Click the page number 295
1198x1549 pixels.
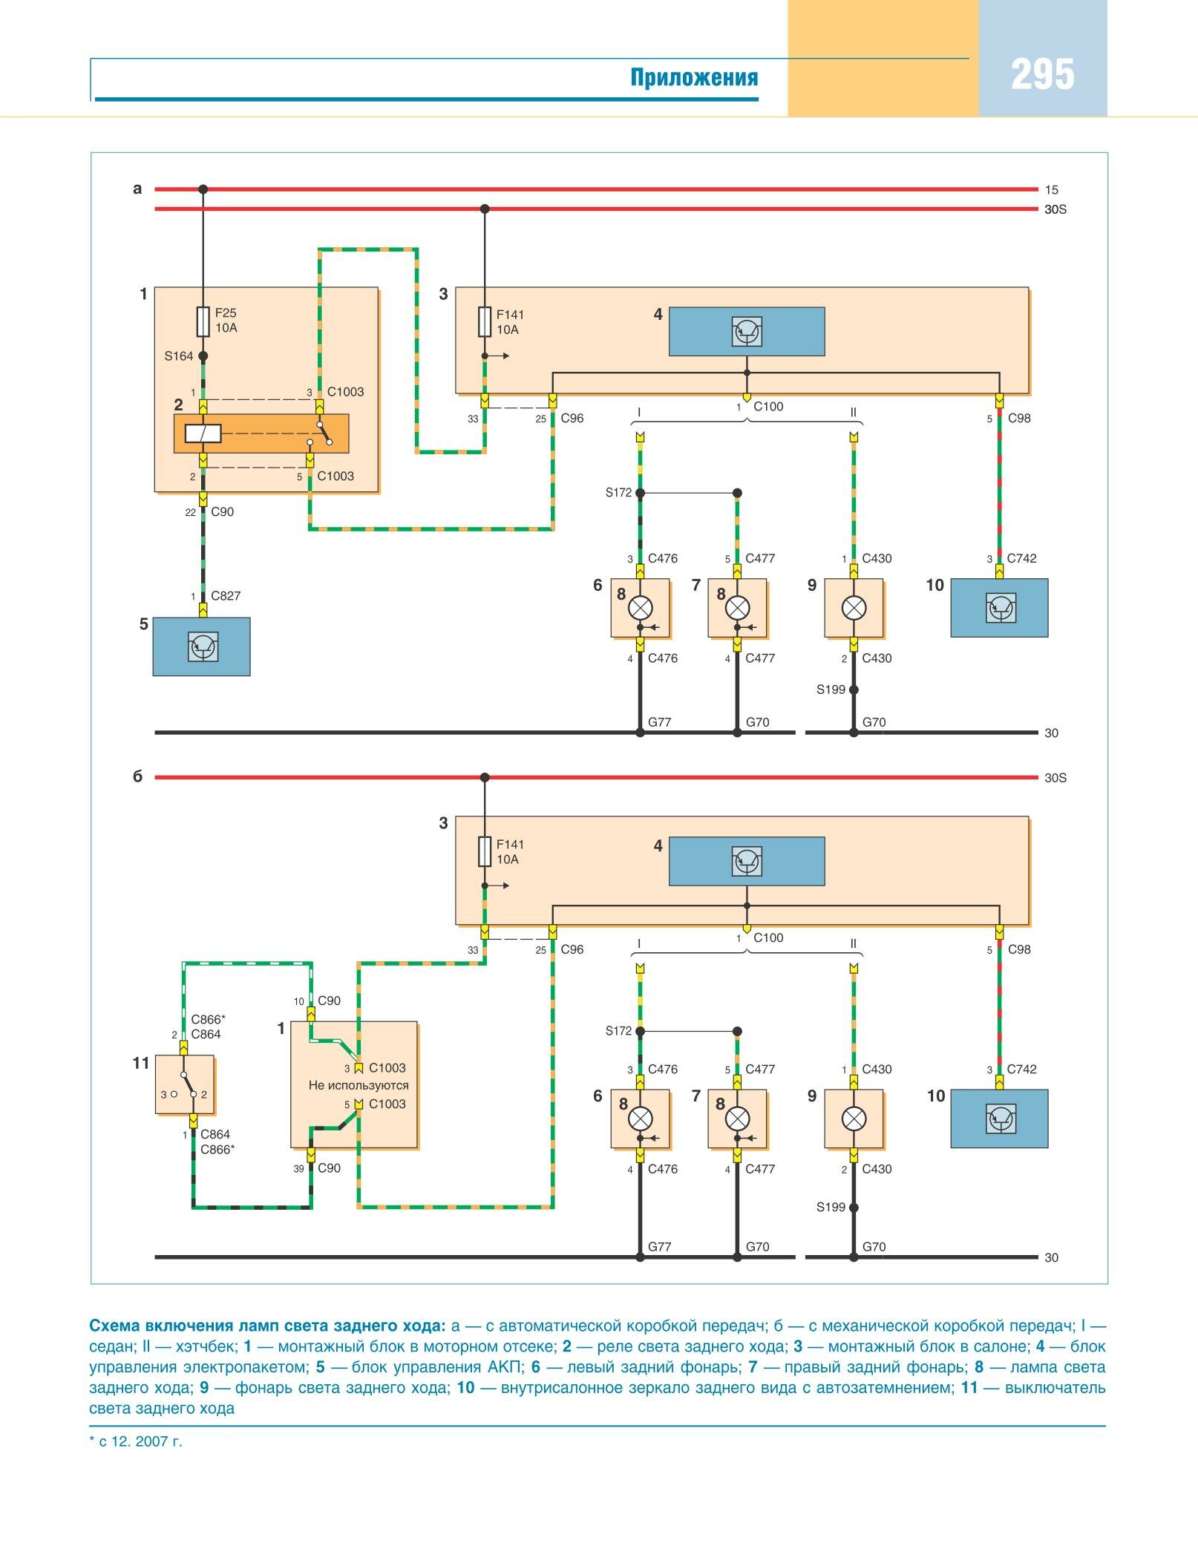[1042, 75]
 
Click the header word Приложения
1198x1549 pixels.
[694, 78]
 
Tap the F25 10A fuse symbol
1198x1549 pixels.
[203, 321]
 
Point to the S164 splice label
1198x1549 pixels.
[178, 356]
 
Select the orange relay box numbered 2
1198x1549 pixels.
[261, 433]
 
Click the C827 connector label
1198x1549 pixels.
[226, 596]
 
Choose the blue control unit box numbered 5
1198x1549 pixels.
[201, 646]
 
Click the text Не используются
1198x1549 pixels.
[359, 1085]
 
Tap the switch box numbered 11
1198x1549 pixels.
[185, 1084]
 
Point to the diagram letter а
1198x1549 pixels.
[137, 189]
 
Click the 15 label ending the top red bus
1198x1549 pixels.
[1051, 190]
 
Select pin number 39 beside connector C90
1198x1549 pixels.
[298, 1168]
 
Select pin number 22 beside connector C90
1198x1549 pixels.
[191, 512]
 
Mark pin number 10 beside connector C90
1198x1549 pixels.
[298, 1001]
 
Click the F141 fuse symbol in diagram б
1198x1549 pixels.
[485, 851]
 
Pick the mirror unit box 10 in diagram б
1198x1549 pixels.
[999, 1119]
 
